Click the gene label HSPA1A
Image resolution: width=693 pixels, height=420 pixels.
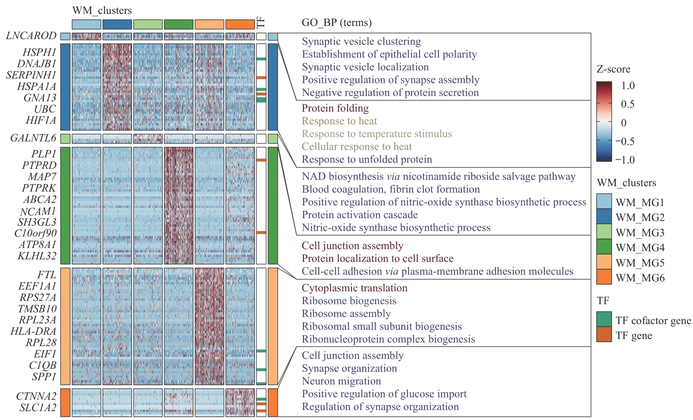click(x=37, y=86)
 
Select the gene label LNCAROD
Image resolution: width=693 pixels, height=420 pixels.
click(x=31, y=36)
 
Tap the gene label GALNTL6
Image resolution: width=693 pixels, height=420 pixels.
click(x=33, y=138)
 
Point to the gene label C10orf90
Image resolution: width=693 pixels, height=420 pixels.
click(x=36, y=233)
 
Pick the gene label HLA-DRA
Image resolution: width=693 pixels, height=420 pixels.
click(x=33, y=332)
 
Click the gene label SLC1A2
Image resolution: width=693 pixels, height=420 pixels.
click(x=38, y=408)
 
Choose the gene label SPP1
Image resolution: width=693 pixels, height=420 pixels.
click(x=44, y=377)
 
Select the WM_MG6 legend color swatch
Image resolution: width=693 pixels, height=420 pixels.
click(x=604, y=277)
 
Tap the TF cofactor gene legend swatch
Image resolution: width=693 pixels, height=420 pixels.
click(x=604, y=319)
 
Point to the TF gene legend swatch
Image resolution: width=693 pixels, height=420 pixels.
click(x=604, y=334)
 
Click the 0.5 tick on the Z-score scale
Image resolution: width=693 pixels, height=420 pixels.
click(x=628, y=104)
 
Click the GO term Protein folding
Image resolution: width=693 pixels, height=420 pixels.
click(x=335, y=108)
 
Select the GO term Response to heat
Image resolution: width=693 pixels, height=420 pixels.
click(x=339, y=121)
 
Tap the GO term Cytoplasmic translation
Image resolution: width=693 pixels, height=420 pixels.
click(x=355, y=288)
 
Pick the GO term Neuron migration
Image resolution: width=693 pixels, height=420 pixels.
click(x=341, y=381)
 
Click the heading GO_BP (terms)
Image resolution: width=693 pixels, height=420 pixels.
click(x=336, y=23)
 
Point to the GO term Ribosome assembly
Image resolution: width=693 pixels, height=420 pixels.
click(x=346, y=313)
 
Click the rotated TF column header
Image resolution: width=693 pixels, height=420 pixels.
click(x=261, y=23)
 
